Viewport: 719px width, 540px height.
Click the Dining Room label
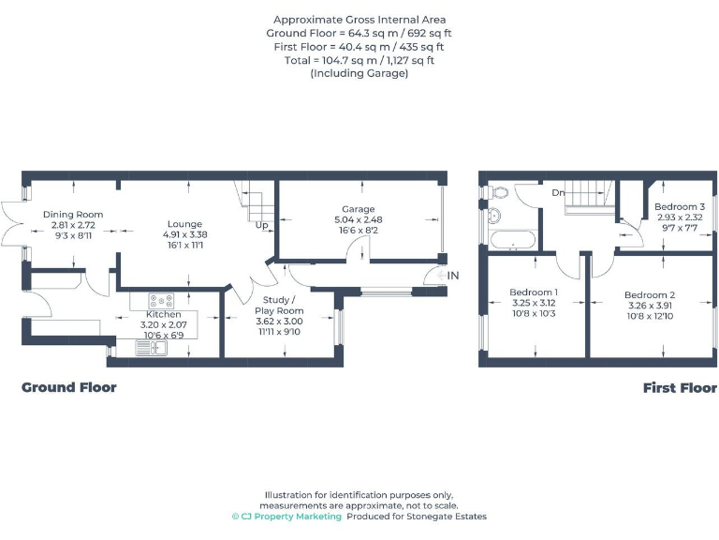tap(73, 215)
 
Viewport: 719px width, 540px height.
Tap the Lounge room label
tap(184, 224)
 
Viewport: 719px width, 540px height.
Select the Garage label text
tap(358, 209)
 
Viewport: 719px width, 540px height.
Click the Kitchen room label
tap(163, 314)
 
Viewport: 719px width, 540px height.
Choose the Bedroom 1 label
tap(534, 292)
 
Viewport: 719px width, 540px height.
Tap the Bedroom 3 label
tap(679, 206)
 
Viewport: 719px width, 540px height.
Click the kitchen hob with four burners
tap(162, 301)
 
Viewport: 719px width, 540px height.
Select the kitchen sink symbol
tap(150, 348)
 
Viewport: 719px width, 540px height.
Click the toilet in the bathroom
tap(499, 193)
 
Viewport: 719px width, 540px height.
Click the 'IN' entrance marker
tap(453, 276)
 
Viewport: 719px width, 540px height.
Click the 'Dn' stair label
tap(558, 193)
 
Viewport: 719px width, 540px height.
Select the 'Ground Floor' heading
tap(69, 387)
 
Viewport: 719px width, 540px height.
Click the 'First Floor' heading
tap(680, 387)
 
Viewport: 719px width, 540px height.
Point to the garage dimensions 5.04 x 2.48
tap(358, 219)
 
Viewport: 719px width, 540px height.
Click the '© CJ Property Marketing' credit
tap(286, 517)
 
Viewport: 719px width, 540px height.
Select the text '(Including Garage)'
tap(359, 73)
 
